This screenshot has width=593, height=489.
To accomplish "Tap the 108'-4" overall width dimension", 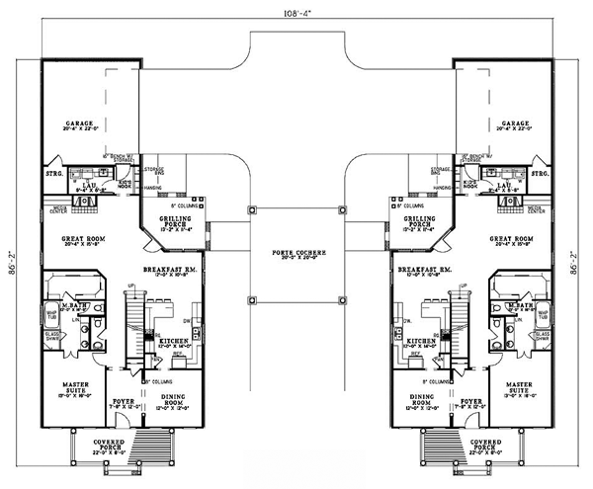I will (296, 13).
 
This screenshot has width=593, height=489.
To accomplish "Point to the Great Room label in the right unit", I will (512, 240).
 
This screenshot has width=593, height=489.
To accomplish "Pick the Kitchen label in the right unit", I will (418, 341).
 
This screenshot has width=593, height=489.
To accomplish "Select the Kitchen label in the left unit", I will (175, 341).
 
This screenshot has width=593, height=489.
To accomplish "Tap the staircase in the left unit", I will (133, 316).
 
